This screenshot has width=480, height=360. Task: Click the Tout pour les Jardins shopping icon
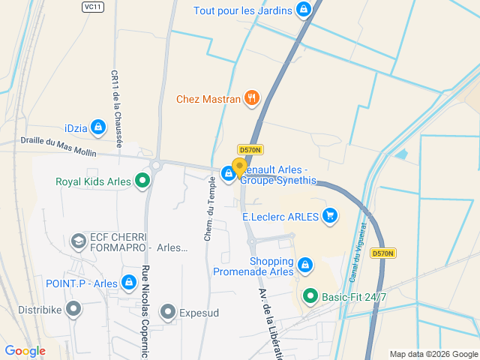pos(303,10)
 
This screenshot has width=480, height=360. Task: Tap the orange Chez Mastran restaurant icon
pos(252,98)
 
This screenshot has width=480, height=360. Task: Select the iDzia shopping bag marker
pos(97,127)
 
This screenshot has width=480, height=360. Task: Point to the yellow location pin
pos(239,167)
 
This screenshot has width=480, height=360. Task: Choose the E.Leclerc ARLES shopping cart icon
pos(330,217)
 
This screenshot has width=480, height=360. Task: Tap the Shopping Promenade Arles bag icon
pos(304,265)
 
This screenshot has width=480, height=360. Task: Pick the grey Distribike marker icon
pos(73,308)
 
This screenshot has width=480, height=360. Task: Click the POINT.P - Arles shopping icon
pos(129,283)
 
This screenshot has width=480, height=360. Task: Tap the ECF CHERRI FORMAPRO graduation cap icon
pos(78,241)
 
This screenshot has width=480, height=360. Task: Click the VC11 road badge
pos(92,6)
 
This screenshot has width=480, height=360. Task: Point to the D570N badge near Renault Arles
pos(249,150)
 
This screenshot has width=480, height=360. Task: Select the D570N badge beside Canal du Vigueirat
pos(382,253)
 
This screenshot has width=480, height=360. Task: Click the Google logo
pos(25,350)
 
